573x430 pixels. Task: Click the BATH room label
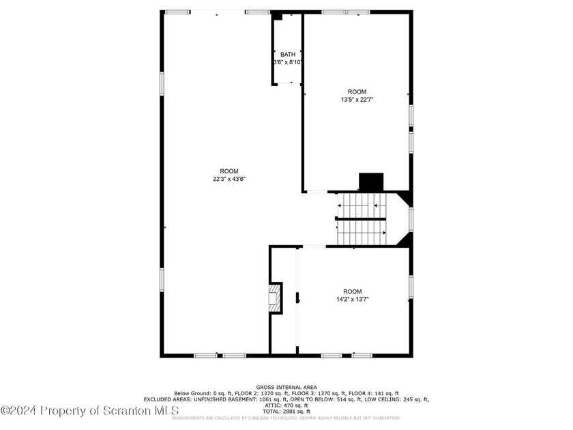pyautogui.click(x=288, y=54)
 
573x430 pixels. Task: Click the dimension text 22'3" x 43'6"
pyautogui.click(x=229, y=179)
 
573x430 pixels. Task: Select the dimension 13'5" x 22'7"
pyautogui.click(x=357, y=100)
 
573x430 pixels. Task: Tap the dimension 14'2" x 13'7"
pyautogui.click(x=352, y=298)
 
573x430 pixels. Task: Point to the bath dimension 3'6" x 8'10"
pyautogui.click(x=288, y=62)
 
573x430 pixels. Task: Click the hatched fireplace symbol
pyautogui.click(x=274, y=298)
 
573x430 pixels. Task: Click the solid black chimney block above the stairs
pyautogui.click(x=372, y=182)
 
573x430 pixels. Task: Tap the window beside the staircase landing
pyautogui.click(x=411, y=219)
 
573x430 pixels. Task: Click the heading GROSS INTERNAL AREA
pyautogui.click(x=286, y=387)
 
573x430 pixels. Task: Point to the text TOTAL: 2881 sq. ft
pyautogui.click(x=286, y=412)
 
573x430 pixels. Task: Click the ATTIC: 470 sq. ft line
pyautogui.click(x=286, y=405)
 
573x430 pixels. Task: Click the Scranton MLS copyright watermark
pyautogui.click(x=89, y=410)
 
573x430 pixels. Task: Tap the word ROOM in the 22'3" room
pyautogui.click(x=229, y=171)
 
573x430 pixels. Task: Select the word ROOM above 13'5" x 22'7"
pyautogui.click(x=357, y=92)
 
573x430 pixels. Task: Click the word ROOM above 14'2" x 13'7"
pyautogui.click(x=352, y=291)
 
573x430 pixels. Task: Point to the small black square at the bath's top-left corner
pyautogui.click(x=276, y=16)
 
